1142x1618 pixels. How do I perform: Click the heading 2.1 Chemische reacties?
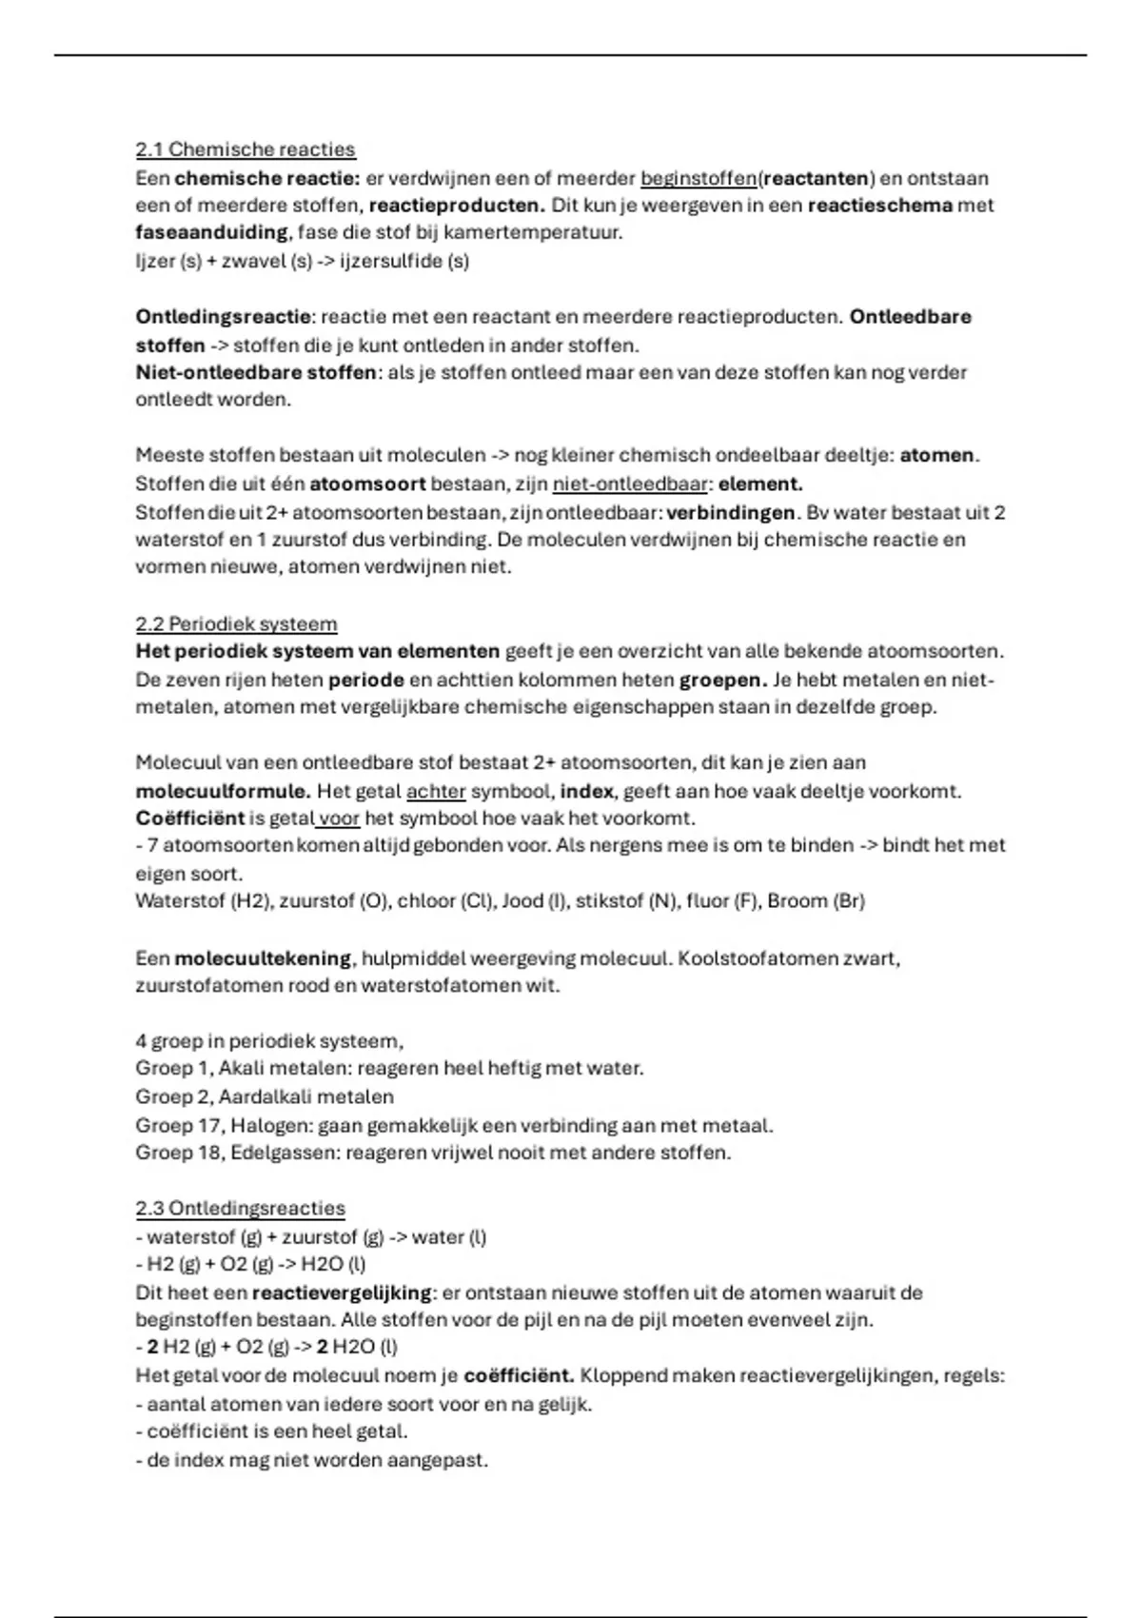[245, 149]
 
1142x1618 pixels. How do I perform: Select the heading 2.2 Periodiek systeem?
[236, 624]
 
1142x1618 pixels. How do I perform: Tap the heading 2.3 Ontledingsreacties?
[240, 1209]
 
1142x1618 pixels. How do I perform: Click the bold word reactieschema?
[879, 205]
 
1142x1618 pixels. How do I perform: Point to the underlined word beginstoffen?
[699, 178]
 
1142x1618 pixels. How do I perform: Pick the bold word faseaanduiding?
[210, 232]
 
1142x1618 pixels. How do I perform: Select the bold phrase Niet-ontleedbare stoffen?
[256, 372]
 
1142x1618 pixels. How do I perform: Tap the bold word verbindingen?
[730, 512]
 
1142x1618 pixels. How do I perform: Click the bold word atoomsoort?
[367, 483]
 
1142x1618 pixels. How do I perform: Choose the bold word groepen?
[722, 681]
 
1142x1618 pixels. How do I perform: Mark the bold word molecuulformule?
[223, 791]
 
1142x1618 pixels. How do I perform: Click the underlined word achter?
[436, 791]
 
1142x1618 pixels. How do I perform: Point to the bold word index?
[586, 791]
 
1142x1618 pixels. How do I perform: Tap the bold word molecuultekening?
[263, 957]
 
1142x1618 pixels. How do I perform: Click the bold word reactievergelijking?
[342, 1292]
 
